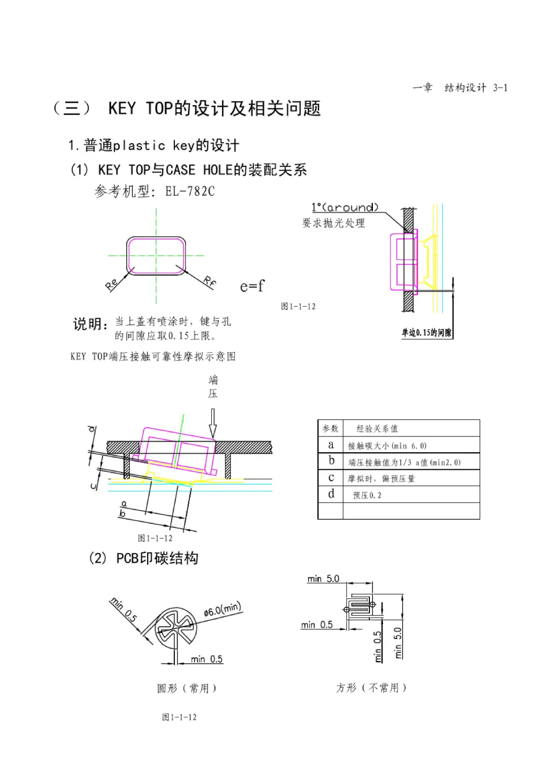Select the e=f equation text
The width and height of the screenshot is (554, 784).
(252, 286)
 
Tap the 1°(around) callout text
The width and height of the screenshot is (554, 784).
(345, 207)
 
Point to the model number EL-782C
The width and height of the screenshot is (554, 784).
(190, 192)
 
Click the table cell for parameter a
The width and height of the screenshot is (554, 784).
(331, 445)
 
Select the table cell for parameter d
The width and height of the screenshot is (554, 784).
(331, 494)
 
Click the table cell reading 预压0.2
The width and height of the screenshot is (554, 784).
(367, 495)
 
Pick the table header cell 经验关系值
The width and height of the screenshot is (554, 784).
(377, 429)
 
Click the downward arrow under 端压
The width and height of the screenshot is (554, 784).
(213, 423)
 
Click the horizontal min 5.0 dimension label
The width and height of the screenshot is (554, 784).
(323, 579)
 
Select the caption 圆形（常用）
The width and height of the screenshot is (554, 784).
(187, 688)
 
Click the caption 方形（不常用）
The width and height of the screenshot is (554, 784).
(371, 687)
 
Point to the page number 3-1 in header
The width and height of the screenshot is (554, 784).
(500, 88)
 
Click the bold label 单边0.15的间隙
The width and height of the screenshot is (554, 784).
(426, 333)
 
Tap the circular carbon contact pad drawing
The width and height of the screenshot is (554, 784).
(175, 628)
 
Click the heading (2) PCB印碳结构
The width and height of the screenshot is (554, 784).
(144, 558)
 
